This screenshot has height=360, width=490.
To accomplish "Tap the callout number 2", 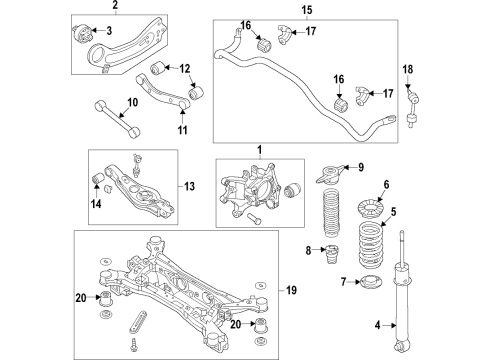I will [x=114, y=7].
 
